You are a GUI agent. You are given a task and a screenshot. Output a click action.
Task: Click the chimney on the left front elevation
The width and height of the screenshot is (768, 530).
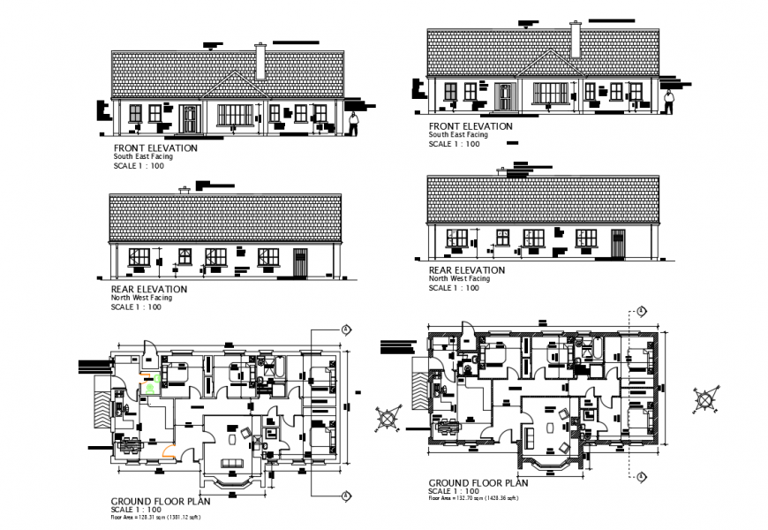point(260,61)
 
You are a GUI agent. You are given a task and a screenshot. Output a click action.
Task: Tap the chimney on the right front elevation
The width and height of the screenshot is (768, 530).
point(576,40)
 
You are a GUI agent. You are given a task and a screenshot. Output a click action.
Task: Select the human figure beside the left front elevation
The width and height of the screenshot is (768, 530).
point(353,124)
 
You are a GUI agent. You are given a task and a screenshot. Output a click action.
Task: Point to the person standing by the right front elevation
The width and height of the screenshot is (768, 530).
point(668,101)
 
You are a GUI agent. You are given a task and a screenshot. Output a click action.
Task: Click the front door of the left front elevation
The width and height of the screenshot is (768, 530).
point(189,118)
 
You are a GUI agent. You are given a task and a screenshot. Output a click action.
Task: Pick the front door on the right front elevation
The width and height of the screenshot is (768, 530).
point(504,96)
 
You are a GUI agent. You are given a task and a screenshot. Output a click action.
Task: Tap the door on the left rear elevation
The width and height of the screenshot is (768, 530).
point(298,261)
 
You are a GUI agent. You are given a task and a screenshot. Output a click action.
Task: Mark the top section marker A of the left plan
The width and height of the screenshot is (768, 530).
point(345,329)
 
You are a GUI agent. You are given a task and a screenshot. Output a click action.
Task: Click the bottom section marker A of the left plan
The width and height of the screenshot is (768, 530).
point(345,492)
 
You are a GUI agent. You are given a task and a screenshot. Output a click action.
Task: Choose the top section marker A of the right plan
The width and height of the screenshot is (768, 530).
point(641,311)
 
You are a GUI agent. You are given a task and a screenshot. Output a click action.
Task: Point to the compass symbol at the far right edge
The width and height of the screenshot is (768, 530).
point(706,399)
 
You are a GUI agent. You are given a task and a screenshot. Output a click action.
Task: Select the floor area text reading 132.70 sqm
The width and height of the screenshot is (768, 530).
point(473,499)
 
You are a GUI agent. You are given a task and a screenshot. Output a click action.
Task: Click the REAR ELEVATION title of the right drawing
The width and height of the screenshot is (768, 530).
point(466,270)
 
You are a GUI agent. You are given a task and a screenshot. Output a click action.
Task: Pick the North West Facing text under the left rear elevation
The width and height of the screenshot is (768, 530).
point(142,298)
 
